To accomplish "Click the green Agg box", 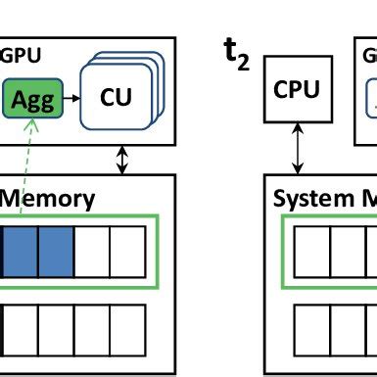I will point(33,99).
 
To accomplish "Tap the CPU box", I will point(297,90).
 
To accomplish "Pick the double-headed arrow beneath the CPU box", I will point(297,150).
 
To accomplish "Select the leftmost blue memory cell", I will point(19,251).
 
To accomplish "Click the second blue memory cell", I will point(55,251).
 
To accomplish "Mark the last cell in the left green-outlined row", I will point(127,251).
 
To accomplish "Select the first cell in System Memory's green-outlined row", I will point(312,251).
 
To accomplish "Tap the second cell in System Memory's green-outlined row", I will point(349,251).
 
